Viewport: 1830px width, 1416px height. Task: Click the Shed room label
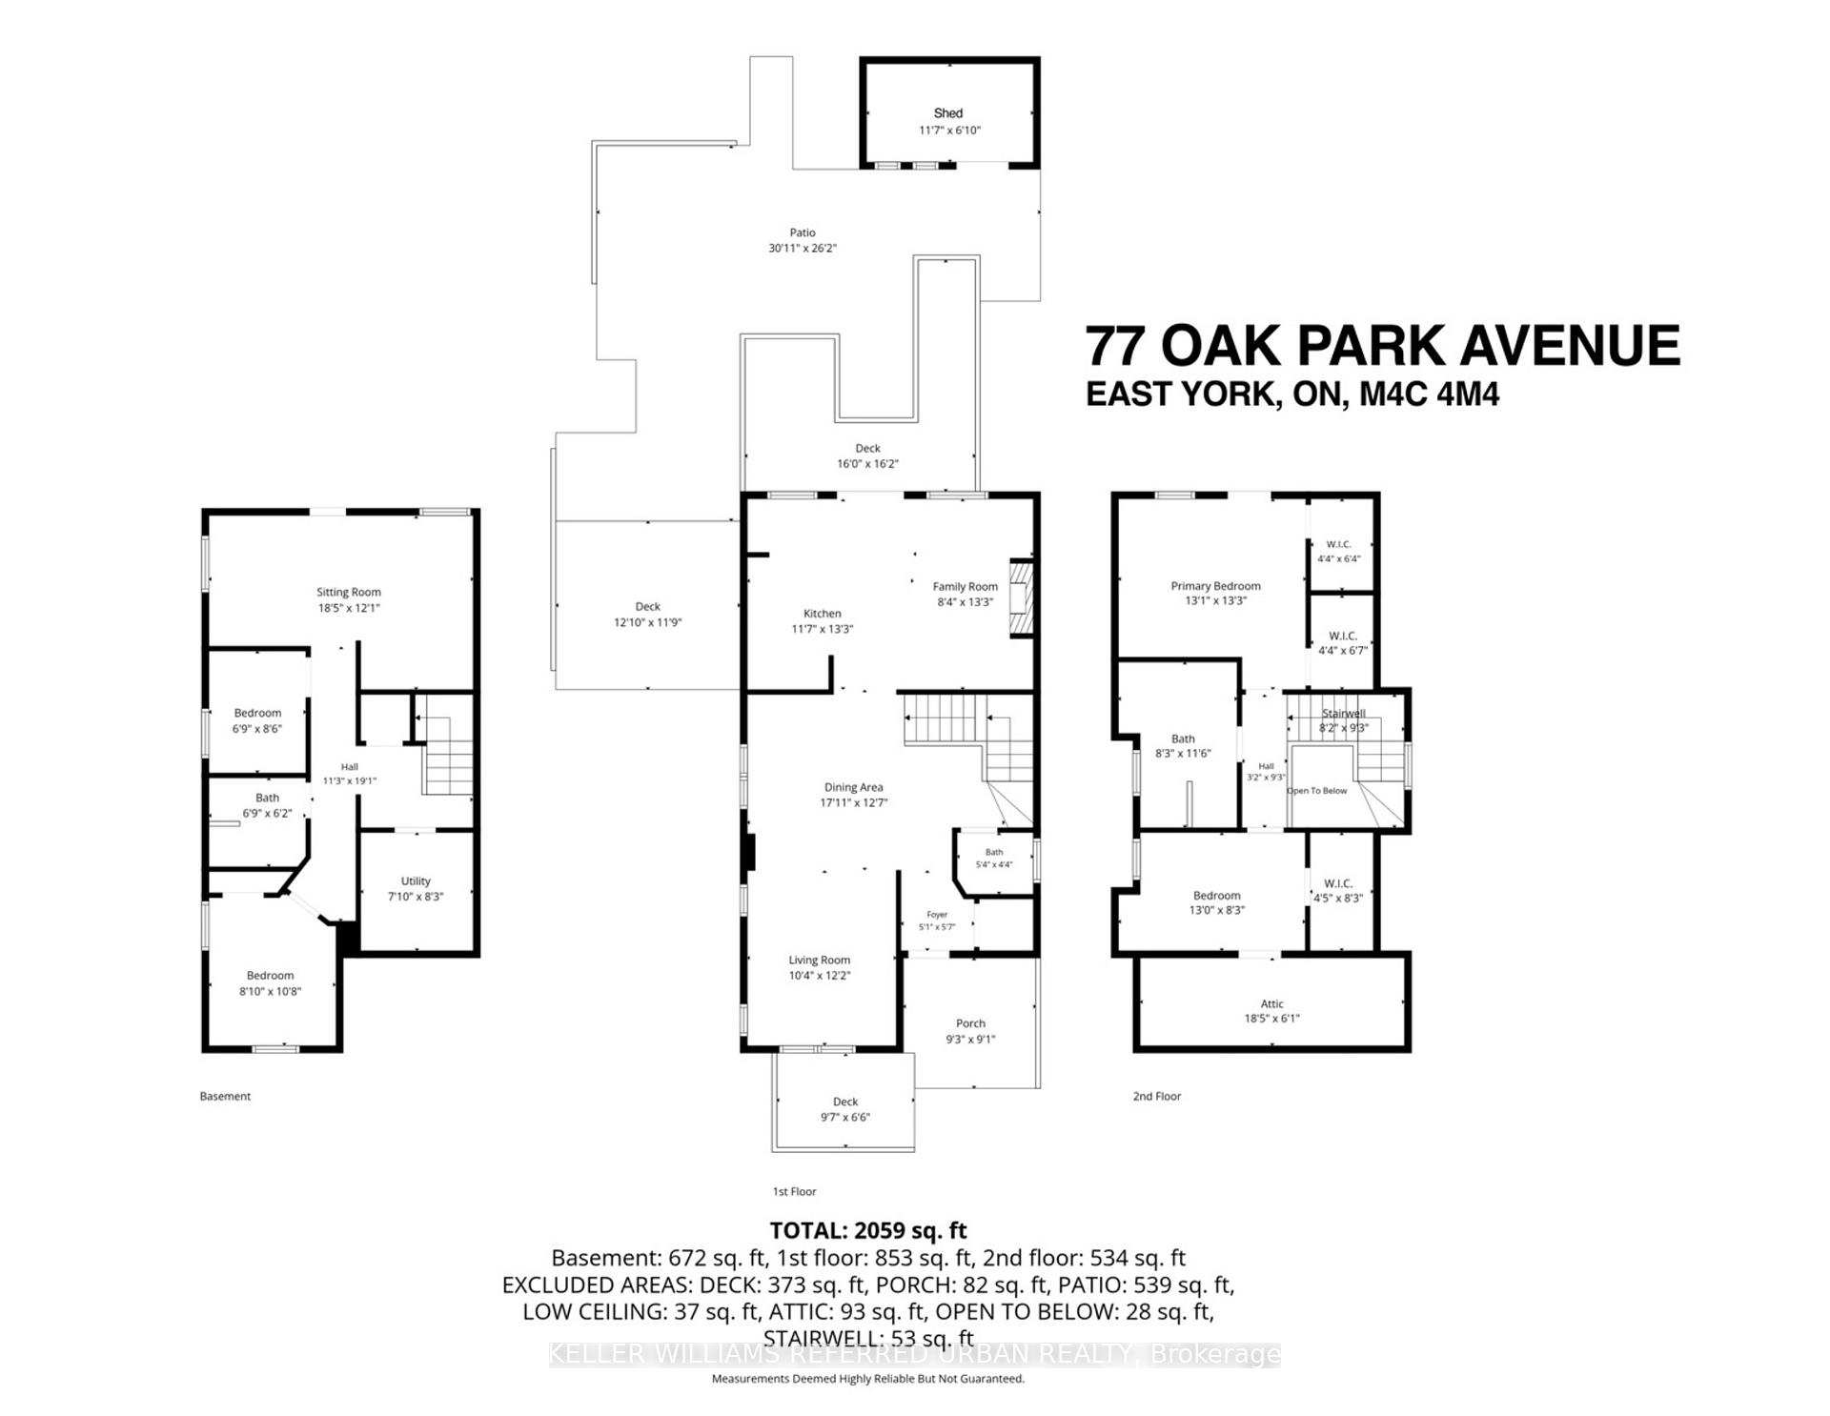coord(947,113)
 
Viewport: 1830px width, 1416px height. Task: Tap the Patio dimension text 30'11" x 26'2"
coord(803,248)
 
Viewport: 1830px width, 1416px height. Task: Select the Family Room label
coord(965,587)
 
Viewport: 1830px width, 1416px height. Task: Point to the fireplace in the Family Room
coord(1021,598)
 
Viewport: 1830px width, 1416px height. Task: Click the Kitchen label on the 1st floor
coord(822,614)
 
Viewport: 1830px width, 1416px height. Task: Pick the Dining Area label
coord(853,787)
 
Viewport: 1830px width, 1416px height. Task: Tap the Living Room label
coord(819,960)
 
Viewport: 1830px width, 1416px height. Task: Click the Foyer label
coord(937,915)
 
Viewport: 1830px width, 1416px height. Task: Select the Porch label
coord(970,1023)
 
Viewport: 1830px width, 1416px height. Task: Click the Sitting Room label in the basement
coord(349,592)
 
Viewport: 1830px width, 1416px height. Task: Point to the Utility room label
coord(416,880)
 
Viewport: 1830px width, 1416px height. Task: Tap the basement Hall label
coord(350,766)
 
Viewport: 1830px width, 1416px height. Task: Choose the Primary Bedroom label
coord(1215,586)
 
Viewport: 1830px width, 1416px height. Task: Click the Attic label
coord(1271,1003)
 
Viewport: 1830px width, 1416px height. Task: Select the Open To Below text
coord(1317,791)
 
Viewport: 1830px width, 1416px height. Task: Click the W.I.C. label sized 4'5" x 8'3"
coord(1338,883)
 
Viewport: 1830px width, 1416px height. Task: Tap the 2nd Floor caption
coord(1156,1096)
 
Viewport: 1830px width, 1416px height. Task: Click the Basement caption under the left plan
coord(225,1096)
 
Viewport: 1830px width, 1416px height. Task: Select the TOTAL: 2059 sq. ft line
coord(868,1230)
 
